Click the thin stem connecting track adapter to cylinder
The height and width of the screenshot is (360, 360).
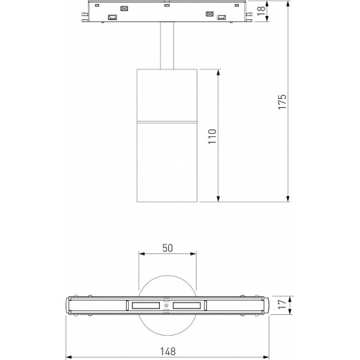[x=167, y=47]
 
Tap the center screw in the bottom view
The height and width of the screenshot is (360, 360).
[x=166, y=306]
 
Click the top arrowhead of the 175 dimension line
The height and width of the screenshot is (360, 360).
[x=289, y=5]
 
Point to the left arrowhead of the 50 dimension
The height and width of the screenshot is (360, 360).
[x=141, y=254]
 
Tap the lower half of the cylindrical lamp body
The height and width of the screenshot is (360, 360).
[x=166, y=163]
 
